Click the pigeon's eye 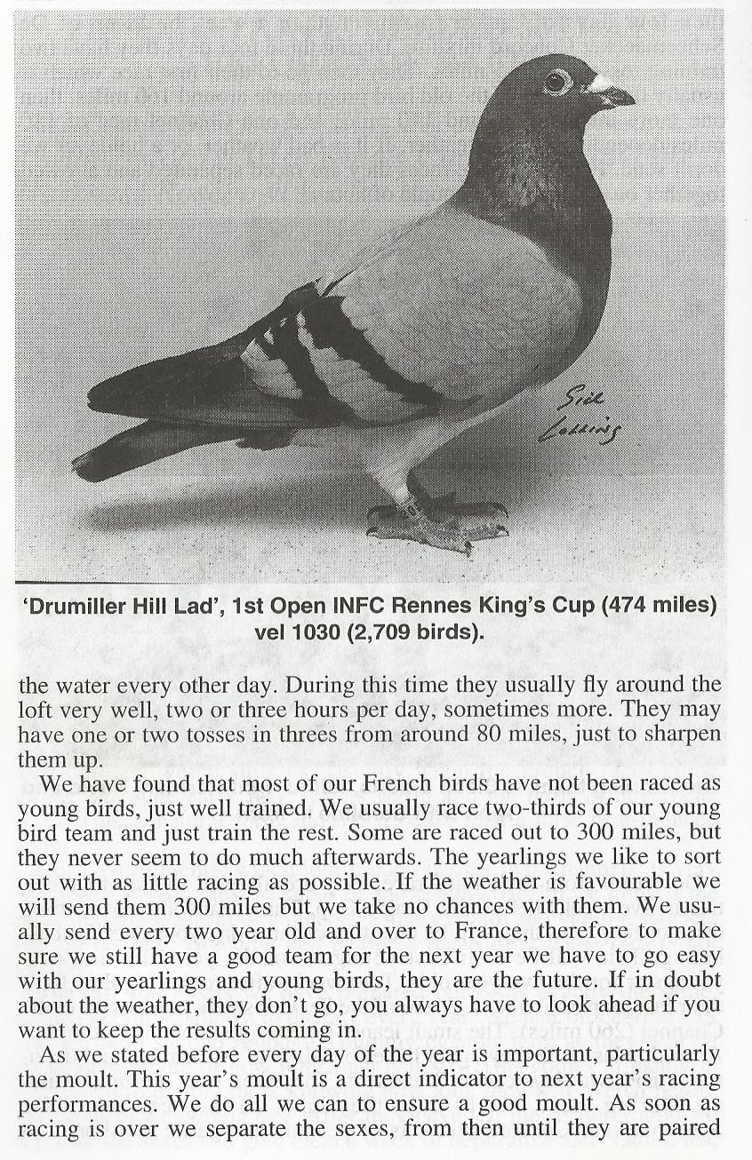point(558,82)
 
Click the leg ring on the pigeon point(412,509)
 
